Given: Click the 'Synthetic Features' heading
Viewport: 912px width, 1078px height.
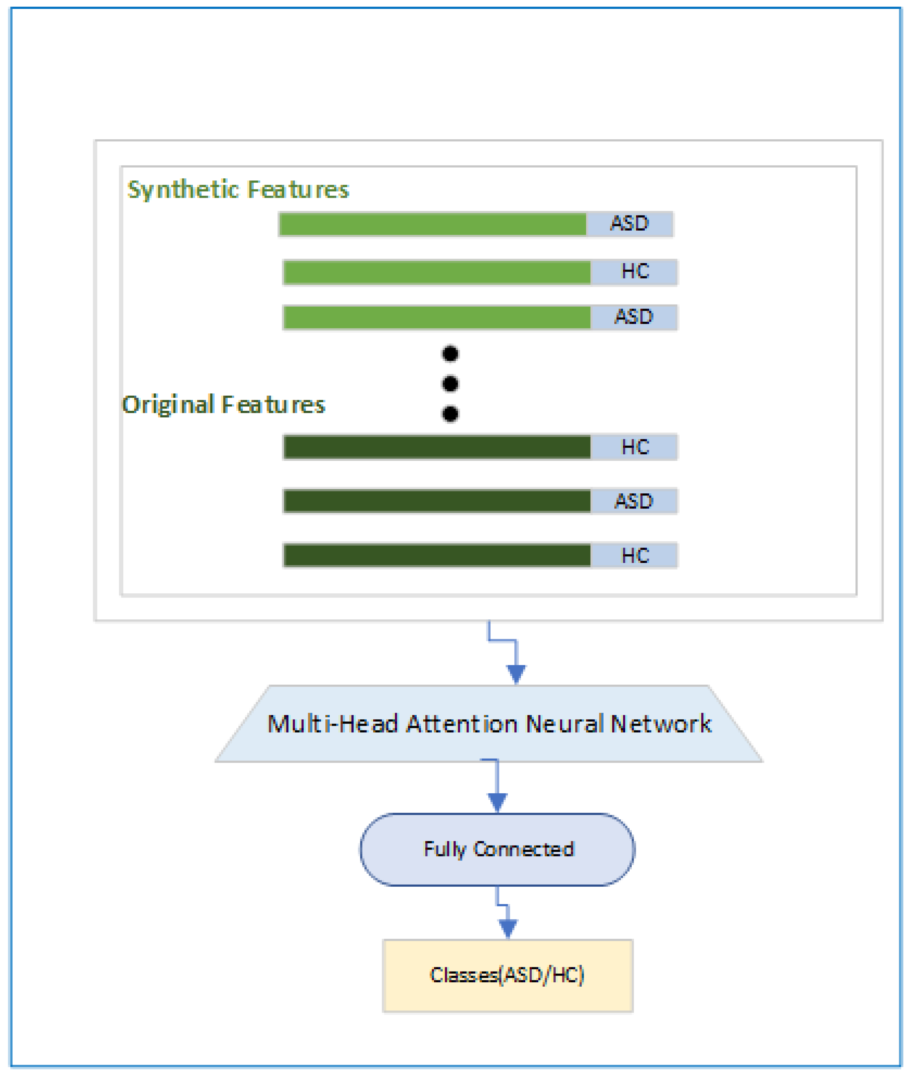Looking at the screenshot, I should [x=238, y=189].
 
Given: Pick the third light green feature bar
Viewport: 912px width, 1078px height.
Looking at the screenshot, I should [x=437, y=317].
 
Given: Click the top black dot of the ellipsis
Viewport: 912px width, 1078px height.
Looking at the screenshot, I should [x=450, y=354].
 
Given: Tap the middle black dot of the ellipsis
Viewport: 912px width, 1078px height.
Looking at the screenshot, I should [x=450, y=384].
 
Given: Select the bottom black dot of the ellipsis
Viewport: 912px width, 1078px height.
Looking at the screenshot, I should [x=450, y=414].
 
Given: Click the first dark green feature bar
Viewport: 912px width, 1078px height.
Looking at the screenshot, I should [x=437, y=447].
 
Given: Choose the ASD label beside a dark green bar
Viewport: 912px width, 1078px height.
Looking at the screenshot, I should [x=633, y=501].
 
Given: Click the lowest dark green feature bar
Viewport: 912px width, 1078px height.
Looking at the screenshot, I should [x=437, y=555].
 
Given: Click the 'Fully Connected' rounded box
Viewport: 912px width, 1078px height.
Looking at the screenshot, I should [x=497, y=849].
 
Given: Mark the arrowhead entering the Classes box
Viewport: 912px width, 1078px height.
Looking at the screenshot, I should [x=508, y=928].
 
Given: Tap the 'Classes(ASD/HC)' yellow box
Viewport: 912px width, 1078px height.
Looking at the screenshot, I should [x=508, y=975].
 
